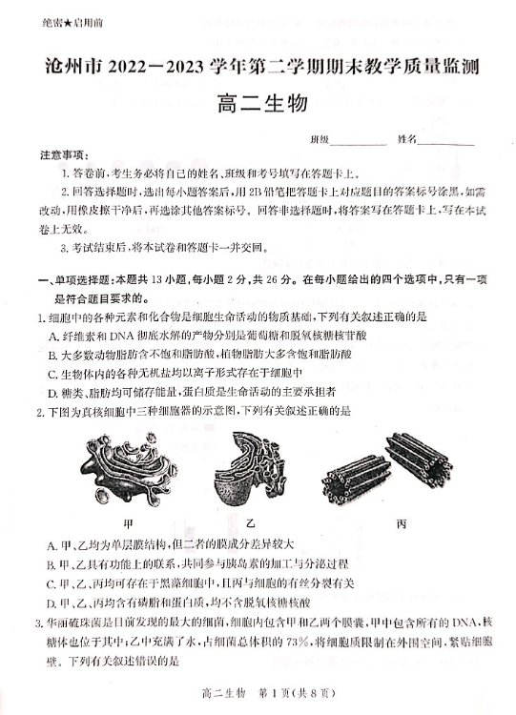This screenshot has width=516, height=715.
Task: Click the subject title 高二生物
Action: click(262, 104)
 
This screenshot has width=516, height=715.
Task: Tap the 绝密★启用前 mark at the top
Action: click(72, 23)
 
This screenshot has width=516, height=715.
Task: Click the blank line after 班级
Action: click(358, 144)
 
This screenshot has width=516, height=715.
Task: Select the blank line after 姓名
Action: click(445, 144)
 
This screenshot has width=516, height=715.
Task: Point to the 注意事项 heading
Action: click(64, 156)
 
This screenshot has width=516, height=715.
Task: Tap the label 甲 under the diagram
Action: click(128, 523)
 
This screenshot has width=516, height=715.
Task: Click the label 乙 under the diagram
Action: click(250, 523)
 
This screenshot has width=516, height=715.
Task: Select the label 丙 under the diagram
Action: click(401, 524)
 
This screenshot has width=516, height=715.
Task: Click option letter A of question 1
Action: click(52, 337)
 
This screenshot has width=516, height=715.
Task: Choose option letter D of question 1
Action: click(52, 393)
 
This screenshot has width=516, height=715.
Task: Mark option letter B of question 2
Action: click(52, 565)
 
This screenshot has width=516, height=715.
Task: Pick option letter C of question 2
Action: click(52, 584)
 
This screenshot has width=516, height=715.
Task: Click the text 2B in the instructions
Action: click(256, 193)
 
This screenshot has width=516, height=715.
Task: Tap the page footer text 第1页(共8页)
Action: click(297, 694)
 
